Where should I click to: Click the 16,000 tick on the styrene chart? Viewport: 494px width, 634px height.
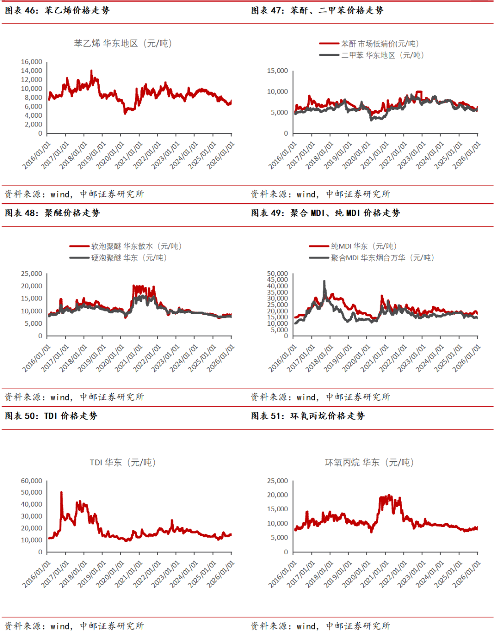pyautogui.click(x=32, y=62)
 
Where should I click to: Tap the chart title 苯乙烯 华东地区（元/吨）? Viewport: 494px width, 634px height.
pyautogui.click(x=123, y=44)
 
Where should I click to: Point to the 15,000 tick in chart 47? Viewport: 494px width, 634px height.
pyautogui.click(x=277, y=71)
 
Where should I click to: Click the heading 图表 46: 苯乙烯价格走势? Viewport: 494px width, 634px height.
pyautogui.click(x=57, y=10)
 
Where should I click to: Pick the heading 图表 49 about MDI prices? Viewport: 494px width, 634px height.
pyautogui.click(x=325, y=213)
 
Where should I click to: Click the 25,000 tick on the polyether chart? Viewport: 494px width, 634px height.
pyautogui.click(x=32, y=273)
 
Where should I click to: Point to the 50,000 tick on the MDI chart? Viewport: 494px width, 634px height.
pyautogui.click(x=277, y=273)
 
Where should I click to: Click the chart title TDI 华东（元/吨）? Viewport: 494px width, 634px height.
pyautogui.click(x=123, y=463)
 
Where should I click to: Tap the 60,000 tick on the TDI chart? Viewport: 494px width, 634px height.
pyautogui.click(x=32, y=481)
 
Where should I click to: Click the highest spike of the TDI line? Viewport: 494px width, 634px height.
pyautogui.click(x=61, y=493)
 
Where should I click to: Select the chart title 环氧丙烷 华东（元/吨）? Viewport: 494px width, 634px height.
pyautogui.click(x=369, y=463)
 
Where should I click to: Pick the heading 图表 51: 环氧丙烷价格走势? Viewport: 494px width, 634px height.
pyautogui.click(x=308, y=416)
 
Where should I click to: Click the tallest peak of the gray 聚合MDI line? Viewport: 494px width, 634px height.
pyautogui.click(x=325, y=282)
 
